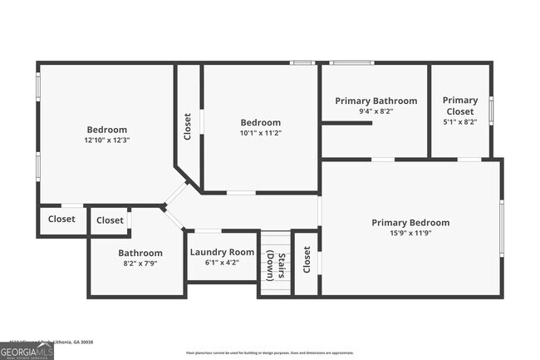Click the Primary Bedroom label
click(410, 222)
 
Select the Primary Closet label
click(459, 106)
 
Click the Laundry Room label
click(222, 252)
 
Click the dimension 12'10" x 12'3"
click(107, 141)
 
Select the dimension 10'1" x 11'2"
click(260, 132)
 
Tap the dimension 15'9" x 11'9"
click(410, 233)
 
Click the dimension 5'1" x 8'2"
click(459, 121)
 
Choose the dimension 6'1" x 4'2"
click(222, 263)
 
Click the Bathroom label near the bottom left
click(140, 253)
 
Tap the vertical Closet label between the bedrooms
click(188, 126)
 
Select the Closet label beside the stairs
click(307, 259)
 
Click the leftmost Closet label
click(61, 219)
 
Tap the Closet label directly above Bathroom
click(110, 220)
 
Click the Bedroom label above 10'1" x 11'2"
click(260, 122)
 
